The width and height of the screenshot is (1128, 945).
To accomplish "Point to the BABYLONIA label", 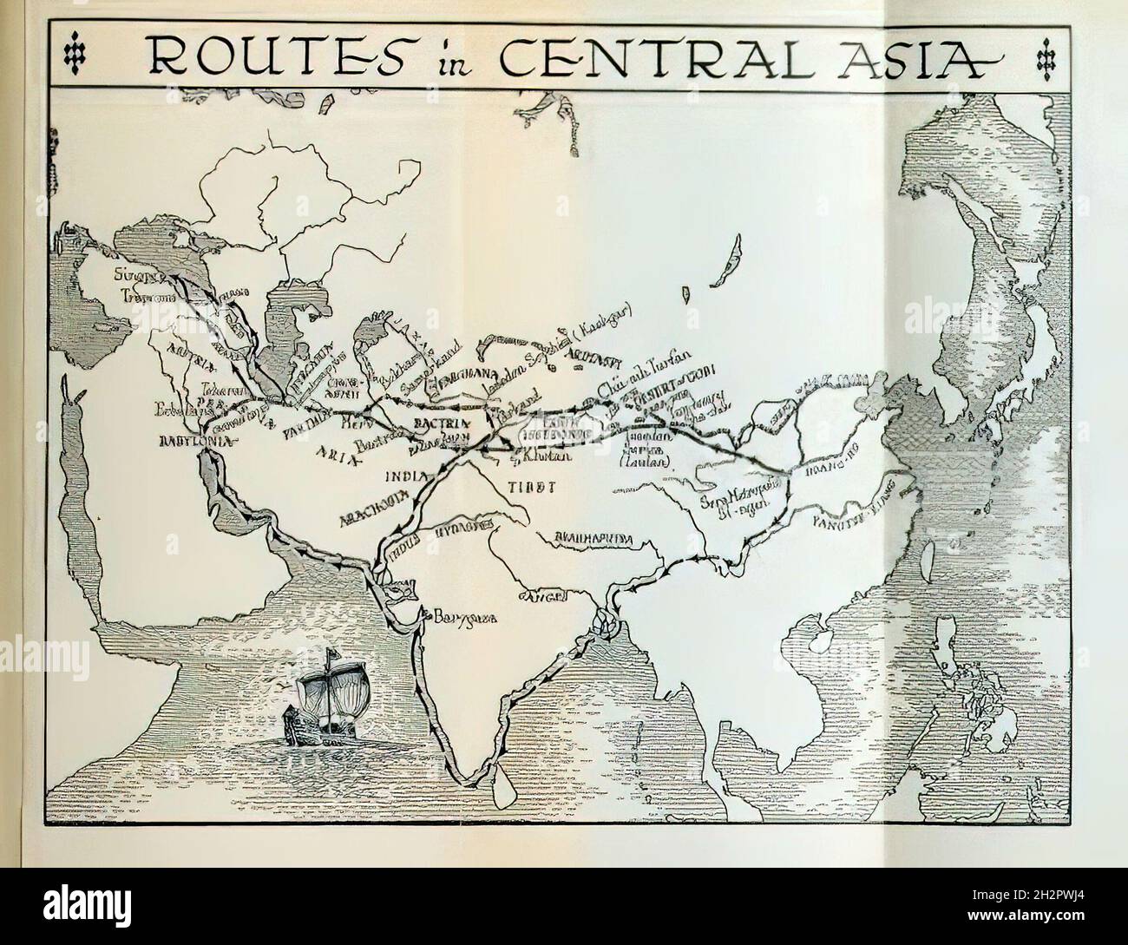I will tap(197, 441).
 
